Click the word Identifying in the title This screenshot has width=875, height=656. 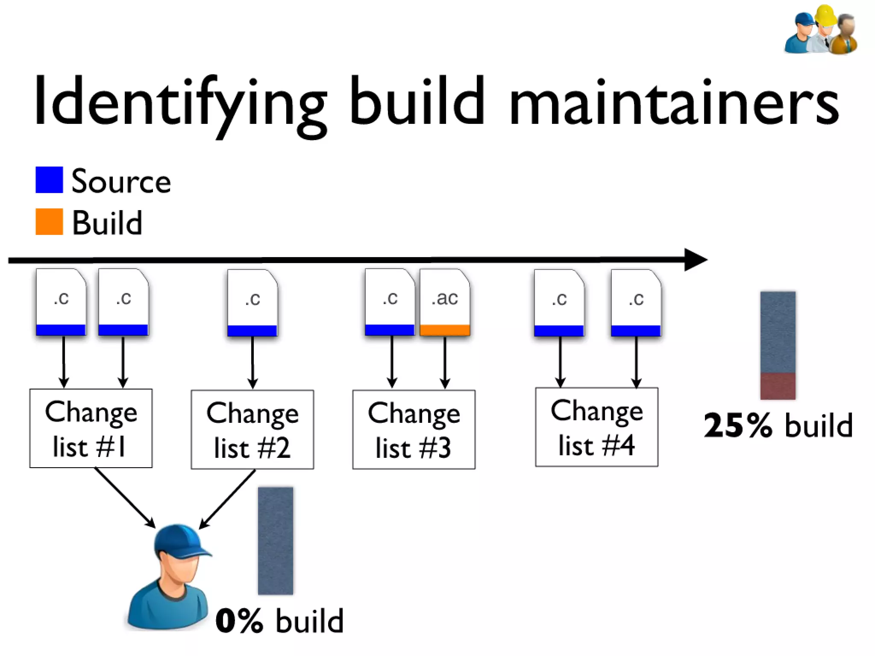pyautogui.click(x=179, y=102)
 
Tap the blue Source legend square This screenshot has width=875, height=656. pyautogui.click(x=49, y=180)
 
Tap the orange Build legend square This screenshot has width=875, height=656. pyautogui.click(x=49, y=222)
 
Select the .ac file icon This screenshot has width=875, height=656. pyautogui.click(x=445, y=301)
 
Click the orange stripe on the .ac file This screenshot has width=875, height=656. pyautogui.click(x=445, y=330)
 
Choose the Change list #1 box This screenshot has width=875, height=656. pyautogui.click(x=91, y=428)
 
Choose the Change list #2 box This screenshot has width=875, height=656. pyautogui.click(x=252, y=430)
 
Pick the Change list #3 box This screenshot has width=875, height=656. pyautogui.click(x=414, y=430)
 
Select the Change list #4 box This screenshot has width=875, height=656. pyautogui.click(x=596, y=428)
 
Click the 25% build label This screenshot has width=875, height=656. pyautogui.click(x=778, y=425)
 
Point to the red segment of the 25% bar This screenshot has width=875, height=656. pyautogui.click(x=778, y=386)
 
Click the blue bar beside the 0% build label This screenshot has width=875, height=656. pyautogui.click(x=276, y=541)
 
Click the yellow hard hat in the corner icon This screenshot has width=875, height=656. pyautogui.click(x=825, y=15)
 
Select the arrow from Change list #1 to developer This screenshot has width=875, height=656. pyautogui.click(x=124, y=498)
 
